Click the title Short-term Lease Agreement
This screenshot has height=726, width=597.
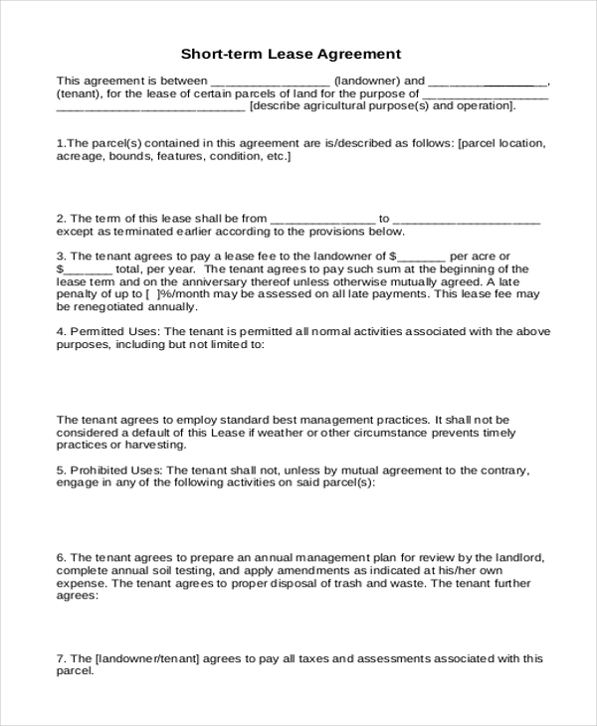(291, 54)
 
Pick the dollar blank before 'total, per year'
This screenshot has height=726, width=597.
(86, 270)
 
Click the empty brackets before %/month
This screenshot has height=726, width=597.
(150, 295)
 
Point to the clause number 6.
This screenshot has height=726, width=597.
(61, 559)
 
